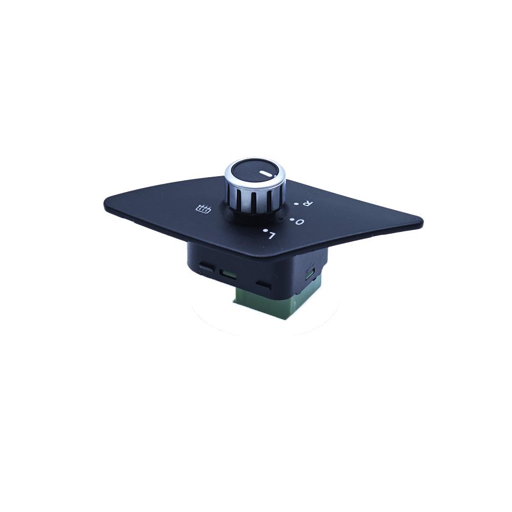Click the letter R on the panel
[307, 203]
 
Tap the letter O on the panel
[300, 222]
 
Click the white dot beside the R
[296, 204]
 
